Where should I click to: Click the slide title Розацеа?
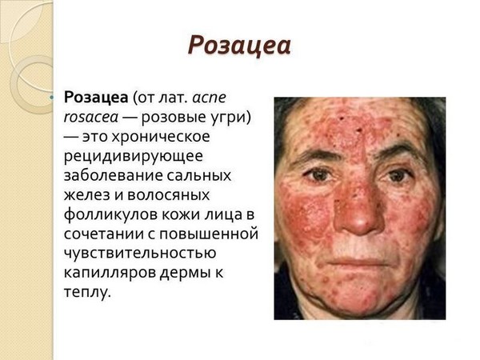point(239,46)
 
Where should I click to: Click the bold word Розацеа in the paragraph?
point(96,98)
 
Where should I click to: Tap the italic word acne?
point(210,98)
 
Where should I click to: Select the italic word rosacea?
point(91,118)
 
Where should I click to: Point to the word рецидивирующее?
point(133,157)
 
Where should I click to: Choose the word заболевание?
point(113,176)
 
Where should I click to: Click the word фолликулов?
point(110,214)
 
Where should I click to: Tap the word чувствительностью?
point(140,253)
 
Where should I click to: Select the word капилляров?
point(110,273)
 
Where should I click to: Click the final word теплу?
point(86,292)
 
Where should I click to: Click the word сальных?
point(199,176)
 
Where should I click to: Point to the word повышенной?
point(209,234)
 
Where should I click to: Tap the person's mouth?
point(361,262)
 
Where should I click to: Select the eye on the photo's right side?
point(397,175)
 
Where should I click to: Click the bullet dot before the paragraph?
point(51,98)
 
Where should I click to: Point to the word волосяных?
point(168,195)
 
